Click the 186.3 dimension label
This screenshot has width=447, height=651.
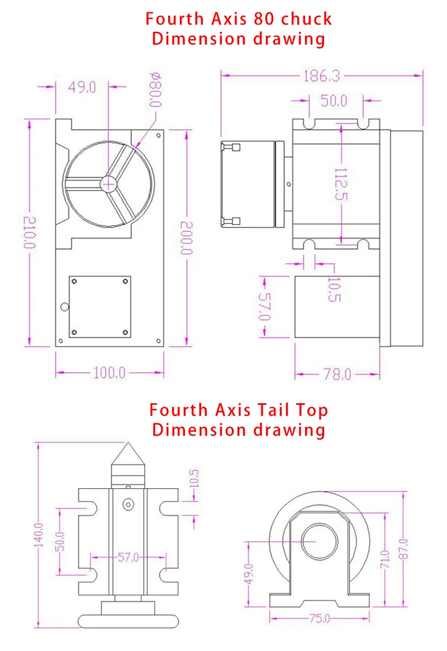(322, 76)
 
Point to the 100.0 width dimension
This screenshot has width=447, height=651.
(110, 372)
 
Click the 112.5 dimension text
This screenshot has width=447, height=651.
(340, 185)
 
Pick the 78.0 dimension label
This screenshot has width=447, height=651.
(337, 374)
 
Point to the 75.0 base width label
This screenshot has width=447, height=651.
(319, 619)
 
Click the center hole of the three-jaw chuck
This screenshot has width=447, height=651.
(108, 182)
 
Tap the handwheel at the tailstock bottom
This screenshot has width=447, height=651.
(128, 620)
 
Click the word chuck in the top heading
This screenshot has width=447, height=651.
(307, 18)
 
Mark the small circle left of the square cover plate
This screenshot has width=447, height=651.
(65, 306)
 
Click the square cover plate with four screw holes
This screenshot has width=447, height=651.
(100, 307)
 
